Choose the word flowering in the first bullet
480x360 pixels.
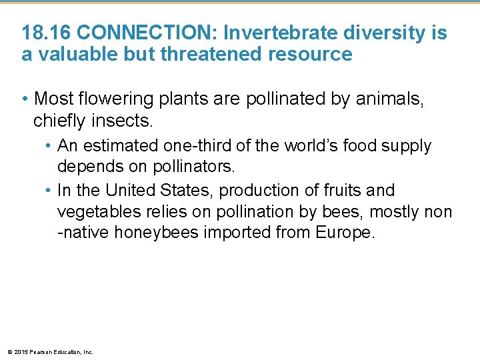pyautogui.click(x=113, y=99)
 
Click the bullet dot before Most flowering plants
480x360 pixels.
pyautogui.click(x=25, y=99)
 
